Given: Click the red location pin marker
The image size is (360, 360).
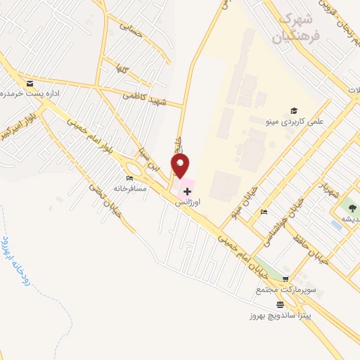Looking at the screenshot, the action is point(181,166).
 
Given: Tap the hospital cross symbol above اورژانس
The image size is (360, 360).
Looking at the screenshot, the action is point(187,191).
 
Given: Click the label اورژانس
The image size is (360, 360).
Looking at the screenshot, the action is point(187,201).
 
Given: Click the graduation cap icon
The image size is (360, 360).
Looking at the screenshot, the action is point(293,110).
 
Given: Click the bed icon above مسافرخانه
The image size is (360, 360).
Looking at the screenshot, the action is point(129,179).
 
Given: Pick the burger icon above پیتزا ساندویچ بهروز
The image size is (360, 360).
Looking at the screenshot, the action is point(281,304).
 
